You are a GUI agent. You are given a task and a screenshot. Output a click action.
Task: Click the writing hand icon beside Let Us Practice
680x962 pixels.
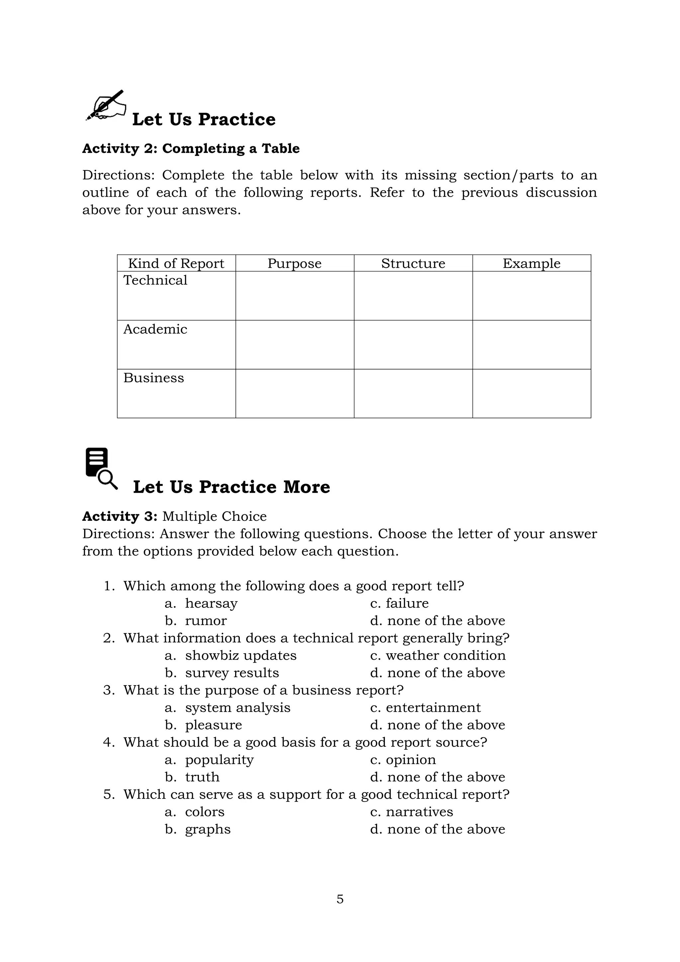click(106, 105)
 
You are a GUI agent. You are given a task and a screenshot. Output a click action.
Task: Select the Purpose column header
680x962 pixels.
click(295, 264)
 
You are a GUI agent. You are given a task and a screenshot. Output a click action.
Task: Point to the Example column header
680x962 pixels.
click(531, 264)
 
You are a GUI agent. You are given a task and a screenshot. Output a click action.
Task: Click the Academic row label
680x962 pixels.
click(155, 329)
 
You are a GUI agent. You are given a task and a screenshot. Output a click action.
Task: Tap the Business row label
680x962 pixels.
click(153, 378)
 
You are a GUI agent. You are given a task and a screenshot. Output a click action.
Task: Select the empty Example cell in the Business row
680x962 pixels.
click(531, 393)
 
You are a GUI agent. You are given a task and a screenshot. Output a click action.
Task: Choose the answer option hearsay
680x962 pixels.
click(211, 603)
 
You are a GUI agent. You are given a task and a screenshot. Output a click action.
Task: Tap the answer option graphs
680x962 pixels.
click(208, 829)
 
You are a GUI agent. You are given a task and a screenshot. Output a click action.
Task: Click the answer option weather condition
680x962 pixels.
click(445, 655)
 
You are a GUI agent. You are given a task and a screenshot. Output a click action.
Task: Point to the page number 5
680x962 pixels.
click(340, 899)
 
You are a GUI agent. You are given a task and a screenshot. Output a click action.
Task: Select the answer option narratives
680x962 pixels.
click(419, 811)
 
